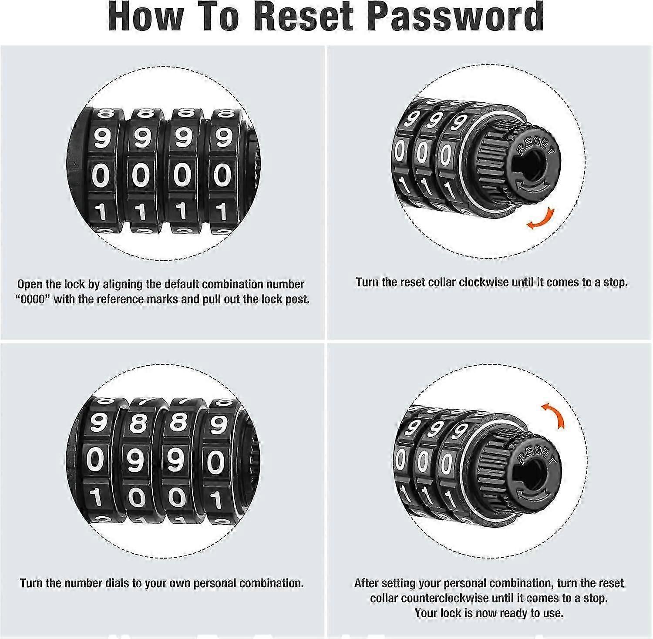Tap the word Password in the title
click(x=455, y=17)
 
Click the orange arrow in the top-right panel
click(x=541, y=219)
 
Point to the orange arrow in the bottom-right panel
click(x=554, y=414)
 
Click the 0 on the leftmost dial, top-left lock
click(x=101, y=175)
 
